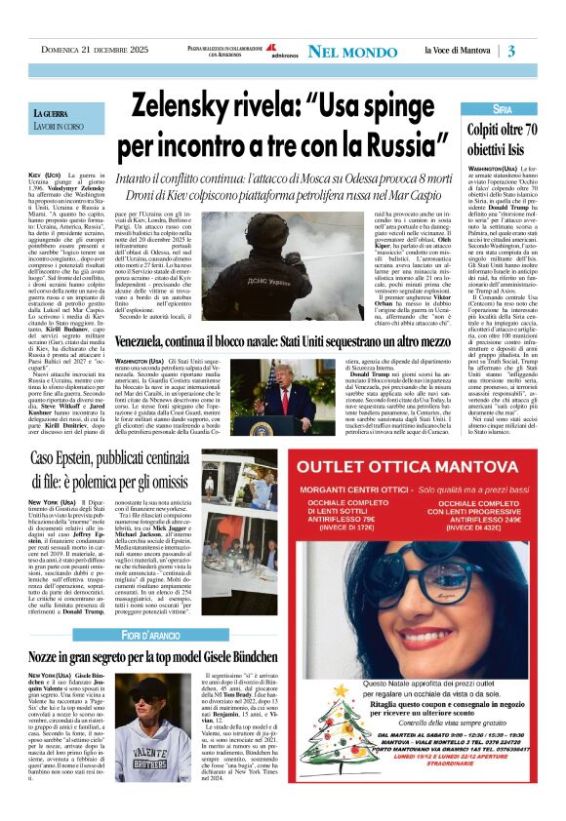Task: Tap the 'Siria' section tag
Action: [503, 109]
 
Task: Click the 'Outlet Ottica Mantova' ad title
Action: [425, 463]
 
